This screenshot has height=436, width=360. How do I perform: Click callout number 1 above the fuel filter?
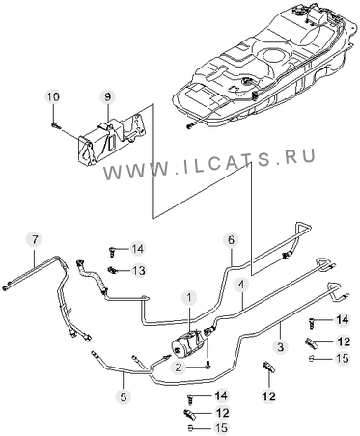[x=189, y=298]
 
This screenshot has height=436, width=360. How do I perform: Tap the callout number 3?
[x=281, y=346]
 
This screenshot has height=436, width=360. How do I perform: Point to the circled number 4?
[x=242, y=285]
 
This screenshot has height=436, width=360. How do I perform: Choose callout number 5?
[x=124, y=397]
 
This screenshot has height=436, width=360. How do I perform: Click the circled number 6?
[x=232, y=240]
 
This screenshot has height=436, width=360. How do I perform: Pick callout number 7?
[x=35, y=239]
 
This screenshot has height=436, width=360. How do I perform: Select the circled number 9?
[x=107, y=96]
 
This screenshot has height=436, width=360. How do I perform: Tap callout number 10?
[x=54, y=96]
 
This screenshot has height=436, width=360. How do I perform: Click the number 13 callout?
[x=138, y=271]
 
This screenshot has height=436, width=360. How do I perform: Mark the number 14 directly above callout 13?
[x=137, y=249]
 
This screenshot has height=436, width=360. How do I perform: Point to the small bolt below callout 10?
[x=55, y=125]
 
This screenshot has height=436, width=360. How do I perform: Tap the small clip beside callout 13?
[x=112, y=270]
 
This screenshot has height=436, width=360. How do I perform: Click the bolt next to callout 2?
[x=209, y=365]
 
